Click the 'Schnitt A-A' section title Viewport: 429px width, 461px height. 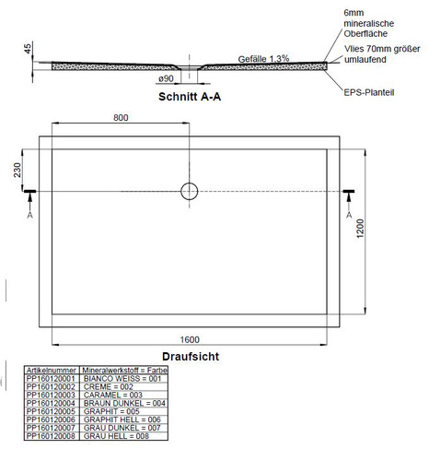click(190, 97)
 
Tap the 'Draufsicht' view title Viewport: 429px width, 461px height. click(191, 357)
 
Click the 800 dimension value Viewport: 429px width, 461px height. click(121, 118)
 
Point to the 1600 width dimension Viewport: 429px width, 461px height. click(190, 339)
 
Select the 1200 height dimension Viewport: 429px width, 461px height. click(360, 229)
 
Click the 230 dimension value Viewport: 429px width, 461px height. click(17, 170)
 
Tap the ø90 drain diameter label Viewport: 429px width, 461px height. click(166, 79)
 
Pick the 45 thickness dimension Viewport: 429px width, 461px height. click(28, 49)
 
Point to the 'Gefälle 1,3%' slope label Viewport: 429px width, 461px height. click(263, 59)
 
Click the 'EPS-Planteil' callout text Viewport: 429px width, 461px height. click(369, 92)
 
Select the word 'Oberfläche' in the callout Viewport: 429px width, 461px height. click(365, 34)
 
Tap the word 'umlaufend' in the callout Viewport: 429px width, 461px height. click(365, 60)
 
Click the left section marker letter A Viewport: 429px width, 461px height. click(29, 215)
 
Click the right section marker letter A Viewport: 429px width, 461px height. click(349, 215)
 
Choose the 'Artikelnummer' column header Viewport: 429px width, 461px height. click(52, 370)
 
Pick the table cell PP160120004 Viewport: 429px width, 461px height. click(51, 403)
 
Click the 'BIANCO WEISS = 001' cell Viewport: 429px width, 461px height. click(122, 378)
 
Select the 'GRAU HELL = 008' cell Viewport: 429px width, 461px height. click(116, 436)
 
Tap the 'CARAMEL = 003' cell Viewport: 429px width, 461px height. click(113, 395)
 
